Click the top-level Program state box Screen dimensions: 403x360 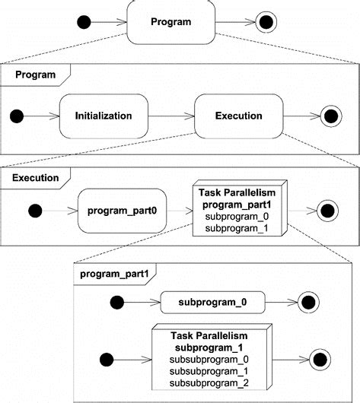(170, 22)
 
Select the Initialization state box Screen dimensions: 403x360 (104, 116)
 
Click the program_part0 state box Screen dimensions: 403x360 (122, 210)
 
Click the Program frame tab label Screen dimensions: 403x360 (35, 75)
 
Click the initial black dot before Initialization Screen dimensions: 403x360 (17, 116)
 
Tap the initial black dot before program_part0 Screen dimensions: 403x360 (35, 210)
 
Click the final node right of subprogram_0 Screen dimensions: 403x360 (311, 303)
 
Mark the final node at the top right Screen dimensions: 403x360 (266, 22)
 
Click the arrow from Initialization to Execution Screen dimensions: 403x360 (170, 116)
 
